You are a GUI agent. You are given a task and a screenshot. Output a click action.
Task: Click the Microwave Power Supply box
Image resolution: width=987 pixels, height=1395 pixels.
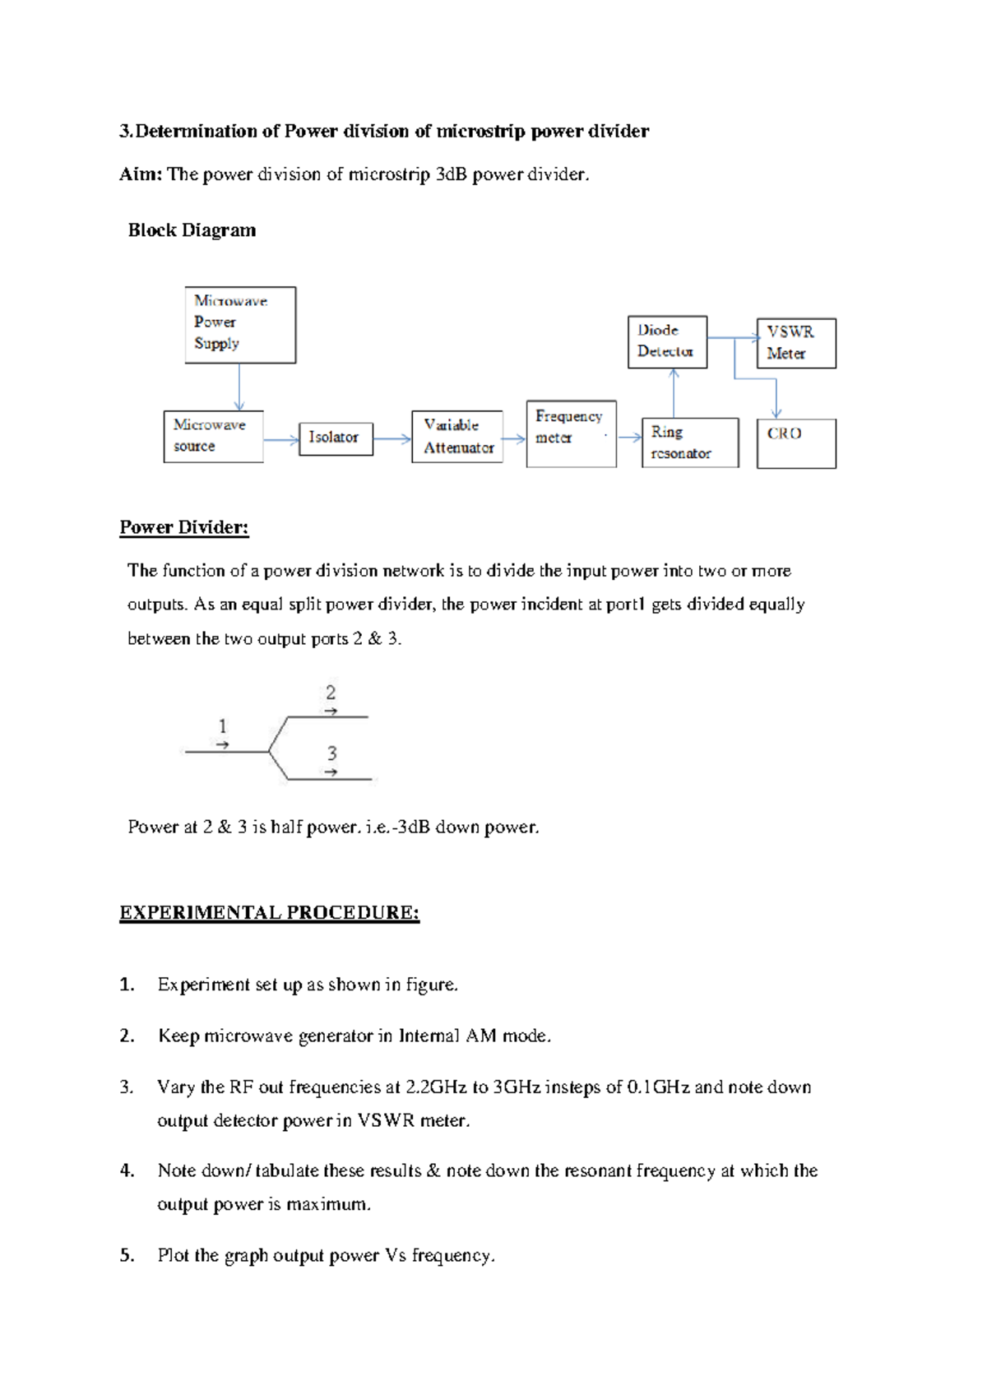pyautogui.click(x=240, y=325)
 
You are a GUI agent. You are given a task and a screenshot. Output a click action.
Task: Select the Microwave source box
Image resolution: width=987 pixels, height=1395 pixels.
pyautogui.click(x=213, y=437)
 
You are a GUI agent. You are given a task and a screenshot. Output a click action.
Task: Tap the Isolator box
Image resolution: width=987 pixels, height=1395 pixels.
pyautogui.click(x=336, y=438)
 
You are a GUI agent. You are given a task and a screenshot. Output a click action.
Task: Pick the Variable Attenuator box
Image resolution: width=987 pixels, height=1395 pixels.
pyautogui.click(x=457, y=437)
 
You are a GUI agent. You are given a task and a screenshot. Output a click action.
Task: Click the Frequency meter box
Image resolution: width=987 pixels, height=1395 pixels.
pyautogui.click(x=571, y=434)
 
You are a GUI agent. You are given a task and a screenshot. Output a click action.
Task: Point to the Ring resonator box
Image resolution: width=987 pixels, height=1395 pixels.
pyautogui.click(x=690, y=443)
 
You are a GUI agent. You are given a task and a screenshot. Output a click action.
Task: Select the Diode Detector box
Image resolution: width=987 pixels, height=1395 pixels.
pyautogui.click(x=667, y=341)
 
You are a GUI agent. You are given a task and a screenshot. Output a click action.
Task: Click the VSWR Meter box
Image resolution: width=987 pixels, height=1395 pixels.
pyautogui.click(x=795, y=343)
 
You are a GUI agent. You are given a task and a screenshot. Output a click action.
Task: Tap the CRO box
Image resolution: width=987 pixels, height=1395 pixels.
pyautogui.click(x=795, y=443)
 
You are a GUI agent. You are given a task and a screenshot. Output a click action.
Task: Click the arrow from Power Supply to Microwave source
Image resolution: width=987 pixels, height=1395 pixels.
pyautogui.click(x=239, y=387)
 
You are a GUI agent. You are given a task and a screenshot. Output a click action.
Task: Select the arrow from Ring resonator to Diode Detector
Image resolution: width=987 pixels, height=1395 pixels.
pyautogui.click(x=674, y=393)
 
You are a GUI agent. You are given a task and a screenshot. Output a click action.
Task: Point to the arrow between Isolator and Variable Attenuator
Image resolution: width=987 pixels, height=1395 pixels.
pyautogui.click(x=392, y=439)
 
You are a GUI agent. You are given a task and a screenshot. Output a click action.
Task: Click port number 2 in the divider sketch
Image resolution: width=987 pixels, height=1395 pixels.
pyautogui.click(x=331, y=693)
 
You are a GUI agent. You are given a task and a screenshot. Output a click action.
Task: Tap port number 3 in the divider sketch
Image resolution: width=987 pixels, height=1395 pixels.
pyautogui.click(x=331, y=753)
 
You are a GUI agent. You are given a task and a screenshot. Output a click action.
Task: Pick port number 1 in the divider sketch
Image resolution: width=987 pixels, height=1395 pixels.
pyautogui.click(x=222, y=726)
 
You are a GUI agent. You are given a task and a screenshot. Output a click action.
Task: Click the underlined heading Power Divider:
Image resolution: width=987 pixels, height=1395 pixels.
pyautogui.click(x=183, y=528)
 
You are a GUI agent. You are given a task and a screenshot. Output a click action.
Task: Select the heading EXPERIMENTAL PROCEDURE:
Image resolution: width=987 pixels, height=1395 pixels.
pyautogui.click(x=269, y=913)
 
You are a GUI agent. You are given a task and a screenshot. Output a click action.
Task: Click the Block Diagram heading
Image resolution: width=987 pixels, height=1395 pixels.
pyautogui.click(x=192, y=230)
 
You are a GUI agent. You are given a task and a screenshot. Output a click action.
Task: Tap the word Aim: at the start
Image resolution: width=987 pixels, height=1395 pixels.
pyautogui.click(x=141, y=174)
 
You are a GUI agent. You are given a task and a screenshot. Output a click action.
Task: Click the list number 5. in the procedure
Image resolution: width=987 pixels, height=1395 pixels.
pyautogui.click(x=127, y=1255)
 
